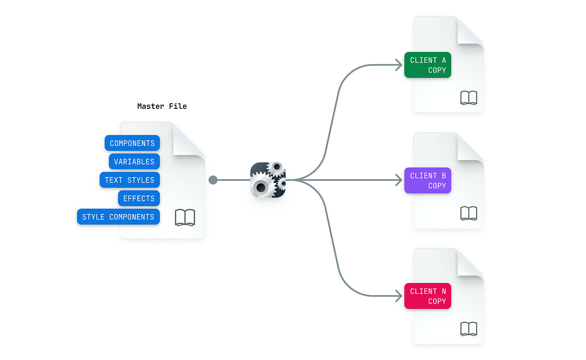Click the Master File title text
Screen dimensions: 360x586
coord(162,106)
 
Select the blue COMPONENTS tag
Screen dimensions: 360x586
coord(132,143)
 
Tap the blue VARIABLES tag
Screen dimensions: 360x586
coord(134,162)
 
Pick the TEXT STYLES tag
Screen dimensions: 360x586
coord(130,180)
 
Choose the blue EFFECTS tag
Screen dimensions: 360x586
coord(139,198)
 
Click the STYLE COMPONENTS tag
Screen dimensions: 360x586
coord(118,217)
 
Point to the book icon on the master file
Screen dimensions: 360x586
coord(185,218)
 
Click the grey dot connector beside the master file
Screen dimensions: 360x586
coord(213,180)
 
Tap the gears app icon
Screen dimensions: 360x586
coord(268,180)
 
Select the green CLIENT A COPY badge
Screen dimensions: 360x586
coord(428,65)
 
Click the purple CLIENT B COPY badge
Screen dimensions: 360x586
coord(428,180)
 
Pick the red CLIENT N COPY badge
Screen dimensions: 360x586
coord(428,296)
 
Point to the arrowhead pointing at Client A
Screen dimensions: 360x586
coord(399,65)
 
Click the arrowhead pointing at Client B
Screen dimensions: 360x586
coord(399,180)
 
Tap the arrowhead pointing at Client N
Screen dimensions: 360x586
coord(399,296)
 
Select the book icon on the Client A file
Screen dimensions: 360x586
coord(468,98)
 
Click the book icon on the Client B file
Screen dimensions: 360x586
coord(468,213)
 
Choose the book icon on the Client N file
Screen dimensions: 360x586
coord(468,329)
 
